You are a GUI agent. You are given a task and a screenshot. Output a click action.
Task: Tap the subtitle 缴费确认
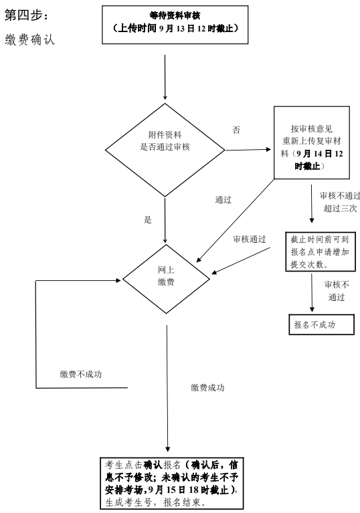(x=30, y=39)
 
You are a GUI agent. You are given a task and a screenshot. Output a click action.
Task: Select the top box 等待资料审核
(x=175, y=25)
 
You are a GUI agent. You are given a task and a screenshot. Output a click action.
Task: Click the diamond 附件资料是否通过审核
(x=165, y=150)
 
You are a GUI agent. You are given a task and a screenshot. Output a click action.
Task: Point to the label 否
(x=236, y=130)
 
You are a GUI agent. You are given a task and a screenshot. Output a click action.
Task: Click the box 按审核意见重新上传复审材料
(x=312, y=142)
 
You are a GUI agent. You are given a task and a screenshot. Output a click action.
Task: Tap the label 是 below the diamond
(x=148, y=219)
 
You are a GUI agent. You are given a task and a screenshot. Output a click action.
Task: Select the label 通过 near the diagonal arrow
(x=223, y=199)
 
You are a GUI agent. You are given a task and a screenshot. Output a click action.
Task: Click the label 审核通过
(x=250, y=239)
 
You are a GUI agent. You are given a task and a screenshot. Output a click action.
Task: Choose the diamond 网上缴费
(x=166, y=279)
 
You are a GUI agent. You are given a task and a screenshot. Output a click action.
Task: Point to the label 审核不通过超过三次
(x=341, y=202)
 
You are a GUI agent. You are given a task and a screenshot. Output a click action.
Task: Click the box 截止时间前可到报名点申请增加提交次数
(x=321, y=252)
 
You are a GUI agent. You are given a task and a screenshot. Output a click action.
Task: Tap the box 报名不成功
(x=321, y=324)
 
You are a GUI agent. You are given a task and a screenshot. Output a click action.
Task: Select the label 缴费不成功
(x=81, y=375)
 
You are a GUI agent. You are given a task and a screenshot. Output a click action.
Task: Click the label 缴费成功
(x=207, y=388)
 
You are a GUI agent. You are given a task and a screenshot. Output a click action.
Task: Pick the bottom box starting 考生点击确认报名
(x=172, y=483)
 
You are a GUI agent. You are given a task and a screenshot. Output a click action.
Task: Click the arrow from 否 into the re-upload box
(x=248, y=150)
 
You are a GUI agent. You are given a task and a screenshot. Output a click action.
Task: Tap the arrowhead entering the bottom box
(x=167, y=449)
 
